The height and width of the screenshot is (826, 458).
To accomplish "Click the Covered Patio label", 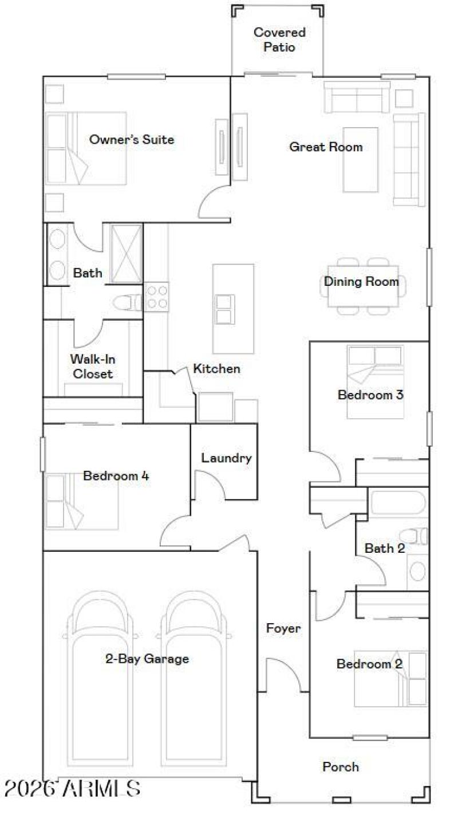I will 279,40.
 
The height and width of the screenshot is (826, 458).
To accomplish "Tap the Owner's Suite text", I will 132,139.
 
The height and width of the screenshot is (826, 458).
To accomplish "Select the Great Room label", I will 326,147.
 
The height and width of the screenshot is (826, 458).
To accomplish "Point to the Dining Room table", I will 363,286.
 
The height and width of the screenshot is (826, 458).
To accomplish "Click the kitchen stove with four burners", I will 156,297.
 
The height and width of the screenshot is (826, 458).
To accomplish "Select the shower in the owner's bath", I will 125,253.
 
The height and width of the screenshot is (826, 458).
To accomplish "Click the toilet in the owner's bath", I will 127,302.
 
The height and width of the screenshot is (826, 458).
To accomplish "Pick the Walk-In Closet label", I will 92,367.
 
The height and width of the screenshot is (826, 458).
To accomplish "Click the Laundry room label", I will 226,458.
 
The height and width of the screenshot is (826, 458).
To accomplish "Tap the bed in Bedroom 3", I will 375,381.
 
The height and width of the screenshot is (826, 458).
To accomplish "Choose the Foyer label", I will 283,628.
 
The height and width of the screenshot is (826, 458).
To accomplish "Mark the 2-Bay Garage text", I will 147,659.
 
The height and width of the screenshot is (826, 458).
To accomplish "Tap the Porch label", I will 341,766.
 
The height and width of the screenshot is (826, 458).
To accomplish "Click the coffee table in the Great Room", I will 361,159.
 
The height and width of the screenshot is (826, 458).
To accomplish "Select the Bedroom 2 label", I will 369,664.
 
